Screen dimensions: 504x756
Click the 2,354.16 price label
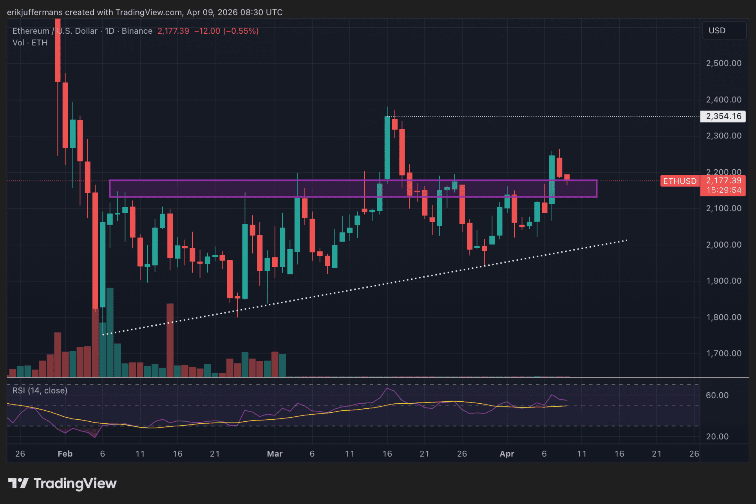coord(723,116)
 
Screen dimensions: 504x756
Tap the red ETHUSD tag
coord(680,181)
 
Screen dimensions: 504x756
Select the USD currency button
coord(717,31)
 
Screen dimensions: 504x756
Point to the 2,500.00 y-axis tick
coord(723,63)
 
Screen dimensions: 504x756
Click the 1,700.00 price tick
coord(723,354)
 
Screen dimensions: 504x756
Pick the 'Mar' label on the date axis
coord(275,454)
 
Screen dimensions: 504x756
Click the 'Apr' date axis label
coord(507,454)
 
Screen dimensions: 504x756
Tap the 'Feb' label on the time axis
coord(65,454)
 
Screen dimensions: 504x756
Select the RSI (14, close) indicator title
coord(40,391)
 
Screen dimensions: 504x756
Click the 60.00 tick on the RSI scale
coord(717,395)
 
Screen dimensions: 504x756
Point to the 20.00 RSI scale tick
coord(717,437)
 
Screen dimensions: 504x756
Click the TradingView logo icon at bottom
coord(18,483)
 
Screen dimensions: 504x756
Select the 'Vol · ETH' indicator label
coord(30,43)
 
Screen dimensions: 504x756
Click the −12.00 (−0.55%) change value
coord(226,31)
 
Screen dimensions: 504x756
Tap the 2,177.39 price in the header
coord(173,31)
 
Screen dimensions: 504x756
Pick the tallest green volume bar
coord(110,332)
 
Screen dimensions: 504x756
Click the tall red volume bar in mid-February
coord(170,340)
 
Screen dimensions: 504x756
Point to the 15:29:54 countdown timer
coord(724,190)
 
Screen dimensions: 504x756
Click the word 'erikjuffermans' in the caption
coord(34,13)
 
